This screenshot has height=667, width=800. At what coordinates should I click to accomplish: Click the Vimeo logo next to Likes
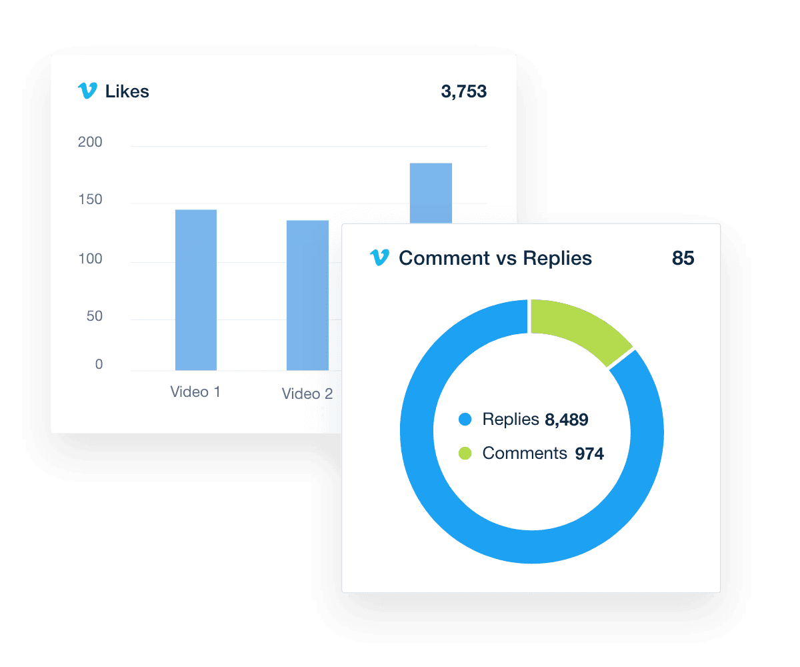click(87, 91)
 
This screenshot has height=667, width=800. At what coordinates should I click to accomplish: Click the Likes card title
click(127, 92)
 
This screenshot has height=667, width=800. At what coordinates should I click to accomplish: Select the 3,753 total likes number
click(463, 92)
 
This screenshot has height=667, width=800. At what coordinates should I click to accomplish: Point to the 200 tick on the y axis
click(90, 142)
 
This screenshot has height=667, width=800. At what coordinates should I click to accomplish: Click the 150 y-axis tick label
click(90, 200)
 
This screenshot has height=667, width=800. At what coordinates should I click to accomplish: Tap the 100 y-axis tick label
click(90, 259)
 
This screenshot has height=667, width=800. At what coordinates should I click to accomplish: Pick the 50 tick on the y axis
click(95, 315)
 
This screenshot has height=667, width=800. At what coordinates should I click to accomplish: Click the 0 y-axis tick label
click(99, 364)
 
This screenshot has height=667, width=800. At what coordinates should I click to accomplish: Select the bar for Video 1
click(195, 290)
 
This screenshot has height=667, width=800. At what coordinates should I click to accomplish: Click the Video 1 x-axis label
click(195, 392)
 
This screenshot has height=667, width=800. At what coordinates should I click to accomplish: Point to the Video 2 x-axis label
click(307, 394)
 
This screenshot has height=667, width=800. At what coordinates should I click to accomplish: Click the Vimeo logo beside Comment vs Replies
click(379, 258)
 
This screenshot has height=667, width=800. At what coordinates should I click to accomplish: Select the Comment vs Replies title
click(495, 259)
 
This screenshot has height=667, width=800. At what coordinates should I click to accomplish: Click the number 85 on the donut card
click(683, 258)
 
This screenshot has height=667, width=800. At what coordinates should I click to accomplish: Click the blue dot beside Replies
click(465, 420)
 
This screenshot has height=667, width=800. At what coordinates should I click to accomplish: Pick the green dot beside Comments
click(465, 454)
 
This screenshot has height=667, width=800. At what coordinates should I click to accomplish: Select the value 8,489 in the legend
click(567, 420)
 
